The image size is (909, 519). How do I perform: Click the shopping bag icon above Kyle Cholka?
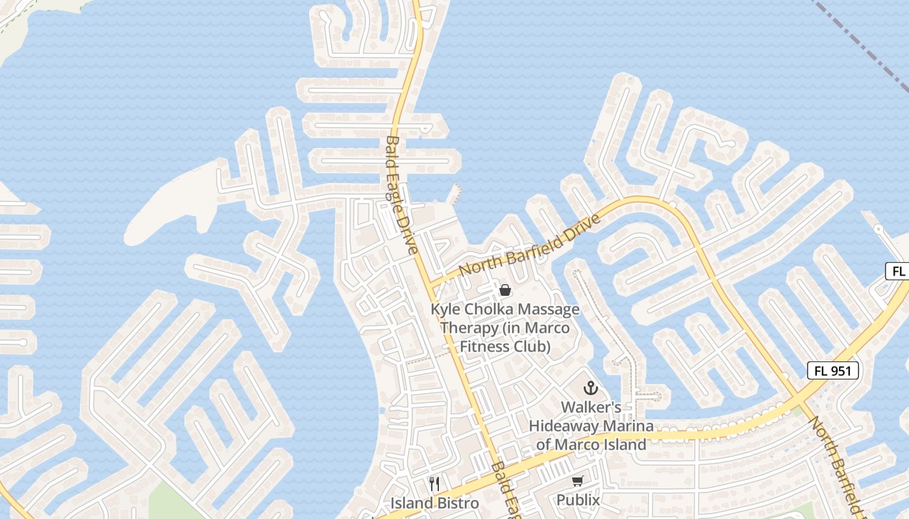point(504,289)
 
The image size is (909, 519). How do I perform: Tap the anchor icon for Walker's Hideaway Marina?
point(590,389)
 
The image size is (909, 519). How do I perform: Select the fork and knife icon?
point(434,483)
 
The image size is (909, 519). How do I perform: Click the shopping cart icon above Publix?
point(577,481)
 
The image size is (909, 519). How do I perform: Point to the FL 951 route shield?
point(833,371)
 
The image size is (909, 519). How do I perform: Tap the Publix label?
point(578,500)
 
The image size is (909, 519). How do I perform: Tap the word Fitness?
point(482,346)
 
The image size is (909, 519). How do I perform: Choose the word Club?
point(533,346)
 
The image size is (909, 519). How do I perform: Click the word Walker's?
point(591,407)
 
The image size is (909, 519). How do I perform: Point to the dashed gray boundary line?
point(864,45)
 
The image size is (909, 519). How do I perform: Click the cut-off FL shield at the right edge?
point(897,271)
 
